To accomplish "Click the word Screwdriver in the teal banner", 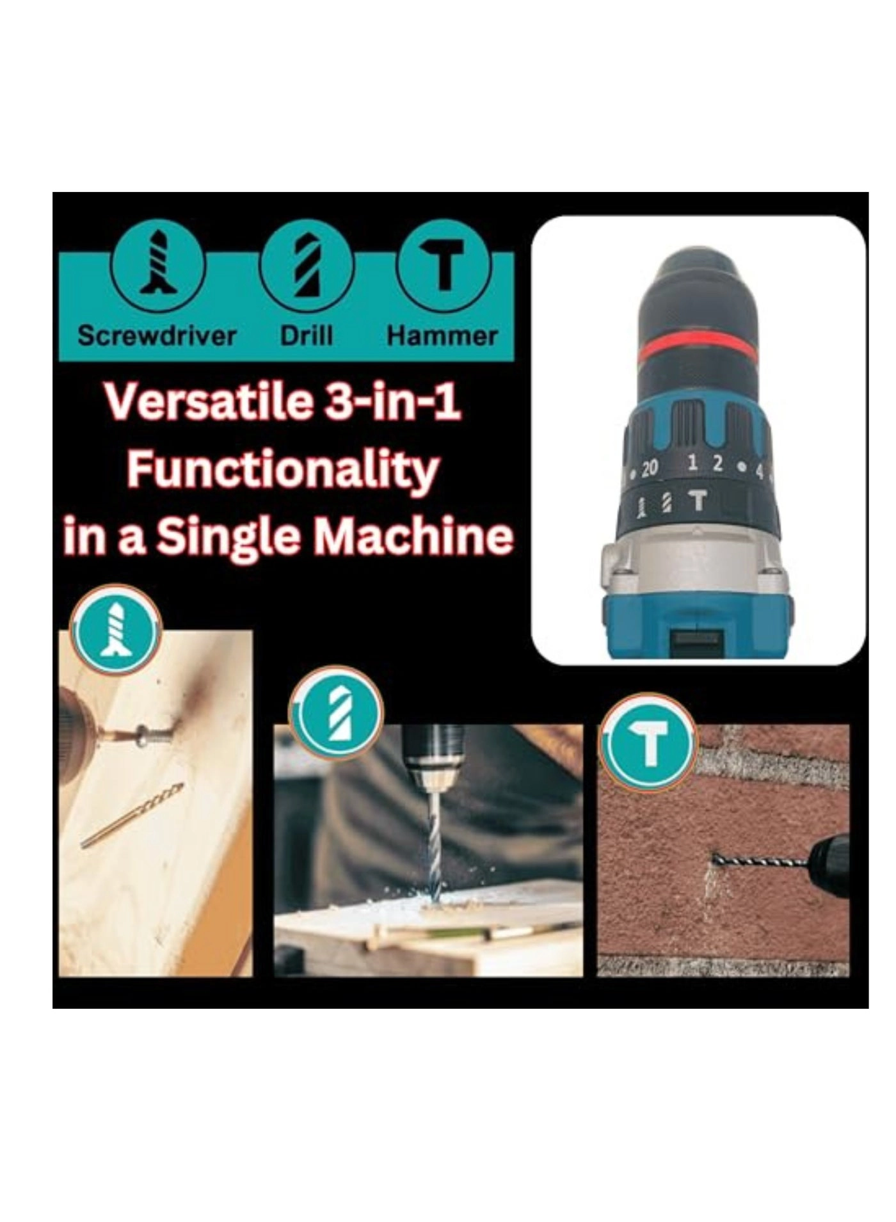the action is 157,335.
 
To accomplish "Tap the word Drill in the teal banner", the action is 307,335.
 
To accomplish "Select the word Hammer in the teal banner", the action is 442,335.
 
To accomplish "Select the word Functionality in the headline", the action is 283,470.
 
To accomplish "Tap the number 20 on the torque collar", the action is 649,469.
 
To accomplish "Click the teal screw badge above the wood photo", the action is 116,628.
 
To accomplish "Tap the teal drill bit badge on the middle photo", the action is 336,712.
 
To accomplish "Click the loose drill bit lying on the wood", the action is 132,816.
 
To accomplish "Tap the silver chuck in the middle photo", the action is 433,772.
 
